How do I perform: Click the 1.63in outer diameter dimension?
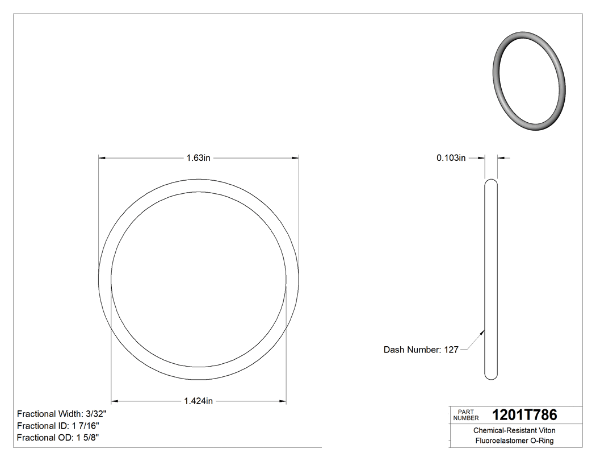tap(198, 158)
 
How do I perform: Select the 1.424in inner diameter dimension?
tap(198, 401)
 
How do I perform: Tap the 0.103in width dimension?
tap(451, 158)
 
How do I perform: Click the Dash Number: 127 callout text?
tap(421, 350)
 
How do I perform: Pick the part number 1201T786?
tap(524, 415)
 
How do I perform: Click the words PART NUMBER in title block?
tap(466, 415)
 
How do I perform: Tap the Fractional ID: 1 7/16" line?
tap(59, 426)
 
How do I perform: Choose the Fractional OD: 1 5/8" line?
tap(58, 438)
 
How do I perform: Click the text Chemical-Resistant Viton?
tap(514, 431)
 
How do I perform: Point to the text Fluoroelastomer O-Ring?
tap(514, 441)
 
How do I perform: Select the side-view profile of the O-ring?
tap(491, 279)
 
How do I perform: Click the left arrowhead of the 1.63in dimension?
tap(102, 158)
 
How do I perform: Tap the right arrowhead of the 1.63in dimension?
tap(296, 158)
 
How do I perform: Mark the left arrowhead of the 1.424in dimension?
tap(114, 401)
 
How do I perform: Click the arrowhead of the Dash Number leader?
tap(483, 330)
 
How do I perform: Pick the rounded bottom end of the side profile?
tap(491, 376)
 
